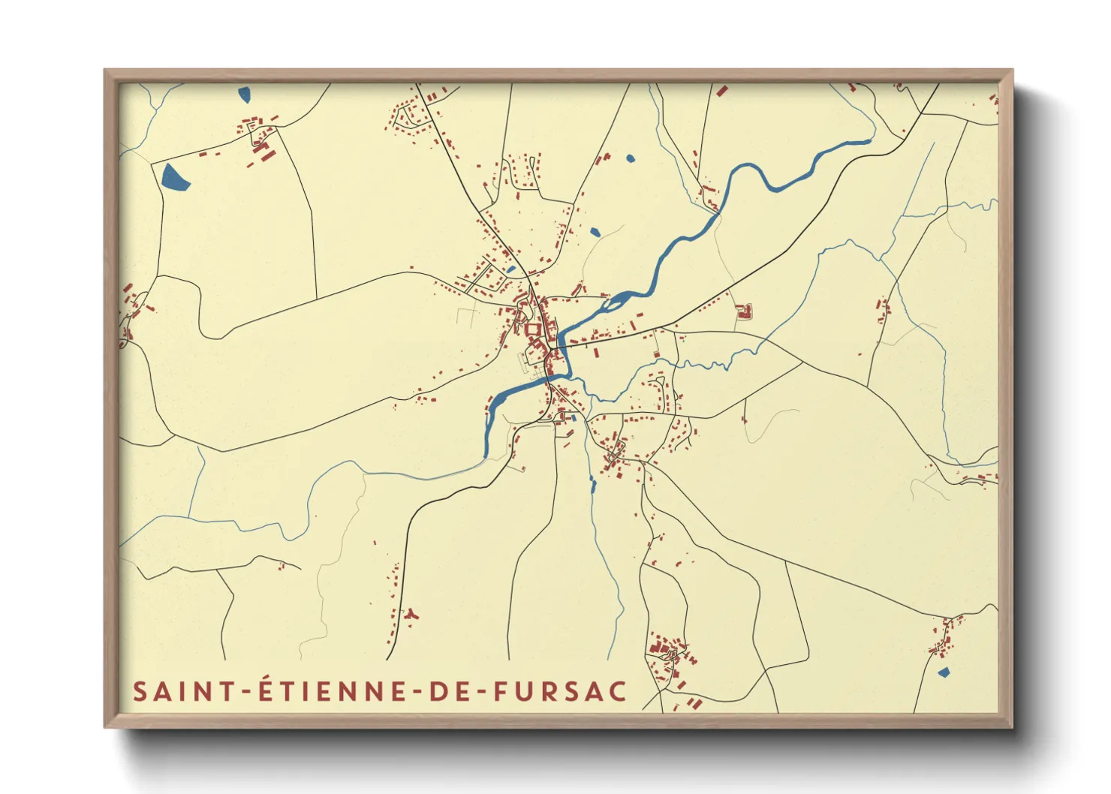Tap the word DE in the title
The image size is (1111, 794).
coord(452,691)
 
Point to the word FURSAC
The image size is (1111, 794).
coord(559,691)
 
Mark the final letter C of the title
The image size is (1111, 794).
coord(618,691)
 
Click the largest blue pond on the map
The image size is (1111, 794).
coord(174,177)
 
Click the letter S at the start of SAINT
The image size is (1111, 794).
coord(140,691)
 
